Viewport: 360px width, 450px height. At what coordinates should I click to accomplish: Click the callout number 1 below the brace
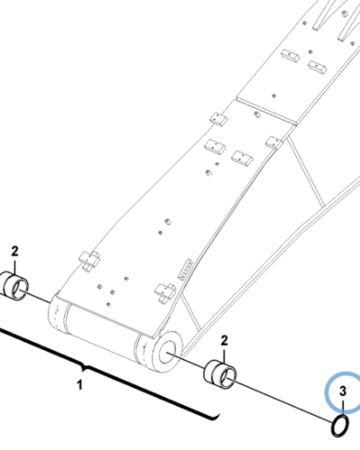pos(79,385)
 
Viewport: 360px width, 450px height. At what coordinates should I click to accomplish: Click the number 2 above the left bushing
pos(14,251)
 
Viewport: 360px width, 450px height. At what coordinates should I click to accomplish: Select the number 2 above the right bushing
pos(224,340)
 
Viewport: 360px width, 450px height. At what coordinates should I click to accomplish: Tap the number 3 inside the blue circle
pos(343,391)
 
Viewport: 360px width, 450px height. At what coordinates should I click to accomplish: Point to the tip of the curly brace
pos(85,368)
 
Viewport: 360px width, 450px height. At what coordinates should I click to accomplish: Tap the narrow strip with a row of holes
pos(185,270)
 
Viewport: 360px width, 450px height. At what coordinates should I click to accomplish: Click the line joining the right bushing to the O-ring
pos(283,400)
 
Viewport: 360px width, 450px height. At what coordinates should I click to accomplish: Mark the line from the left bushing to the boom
pos(35,296)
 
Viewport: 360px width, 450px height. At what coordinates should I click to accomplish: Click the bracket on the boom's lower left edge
pos(89,259)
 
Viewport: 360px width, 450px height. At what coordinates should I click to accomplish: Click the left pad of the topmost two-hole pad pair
pos(290,56)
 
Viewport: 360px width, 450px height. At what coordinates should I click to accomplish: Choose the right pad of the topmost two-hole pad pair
pos(318,67)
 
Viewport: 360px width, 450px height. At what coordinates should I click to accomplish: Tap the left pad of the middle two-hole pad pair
pos(215,147)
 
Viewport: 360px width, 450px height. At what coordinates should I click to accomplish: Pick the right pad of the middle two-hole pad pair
pos(242,157)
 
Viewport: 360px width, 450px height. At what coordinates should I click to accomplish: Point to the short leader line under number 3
pos(343,407)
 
